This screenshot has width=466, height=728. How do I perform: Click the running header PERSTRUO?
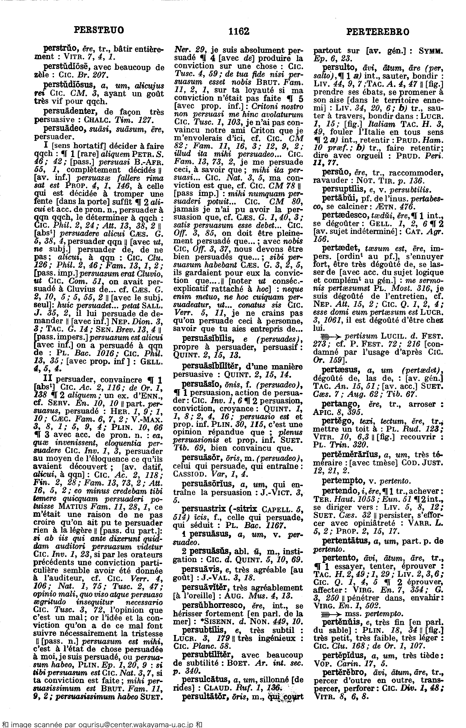[99, 30]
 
